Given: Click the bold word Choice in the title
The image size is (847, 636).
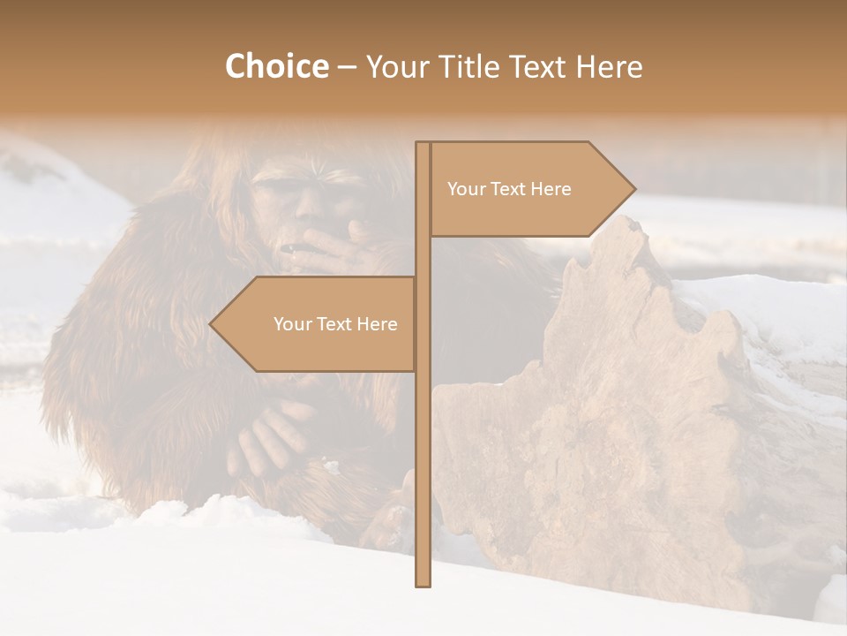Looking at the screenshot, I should click(276, 66).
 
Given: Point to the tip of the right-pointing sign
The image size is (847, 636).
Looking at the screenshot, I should click(633, 188).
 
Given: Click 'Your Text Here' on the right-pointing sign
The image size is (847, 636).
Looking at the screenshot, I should click(509, 189).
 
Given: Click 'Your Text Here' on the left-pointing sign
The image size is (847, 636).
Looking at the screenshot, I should click(335, 324).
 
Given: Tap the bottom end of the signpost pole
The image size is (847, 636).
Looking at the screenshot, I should click(423, 581).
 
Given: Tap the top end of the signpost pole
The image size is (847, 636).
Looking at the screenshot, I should click(423, 146).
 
